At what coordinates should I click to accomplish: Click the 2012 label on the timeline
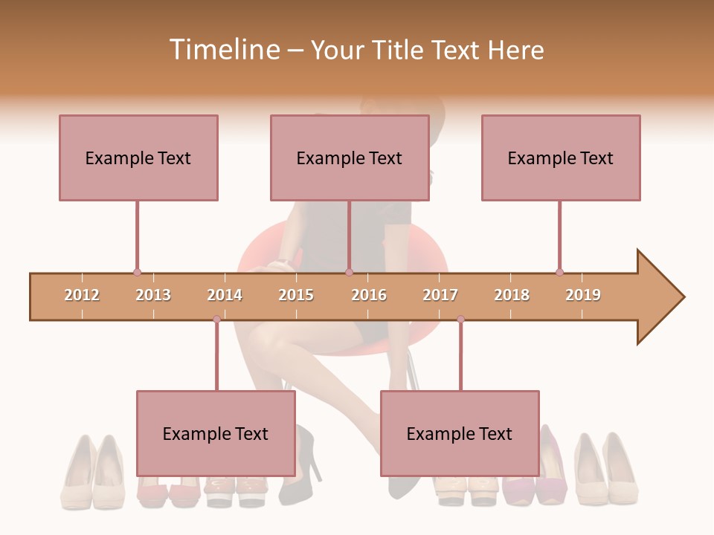82,295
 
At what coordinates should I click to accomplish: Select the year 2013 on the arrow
153,295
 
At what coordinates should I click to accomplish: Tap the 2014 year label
225,295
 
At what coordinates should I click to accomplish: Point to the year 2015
296,295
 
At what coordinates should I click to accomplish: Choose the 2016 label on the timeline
369,295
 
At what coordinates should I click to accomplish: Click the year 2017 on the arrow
440,295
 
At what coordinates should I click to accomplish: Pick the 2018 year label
512,295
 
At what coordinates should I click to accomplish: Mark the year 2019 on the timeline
583,295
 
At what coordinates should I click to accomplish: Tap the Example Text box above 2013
138,158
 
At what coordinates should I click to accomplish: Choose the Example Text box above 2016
350,158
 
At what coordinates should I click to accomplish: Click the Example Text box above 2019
561,158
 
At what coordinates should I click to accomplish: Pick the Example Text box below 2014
216,433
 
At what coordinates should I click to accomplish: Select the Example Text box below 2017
460,433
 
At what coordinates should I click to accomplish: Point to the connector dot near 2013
137,273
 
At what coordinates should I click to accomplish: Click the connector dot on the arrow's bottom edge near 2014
216,320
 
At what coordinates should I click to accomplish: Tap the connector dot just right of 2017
460,320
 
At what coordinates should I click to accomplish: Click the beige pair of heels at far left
93,472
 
